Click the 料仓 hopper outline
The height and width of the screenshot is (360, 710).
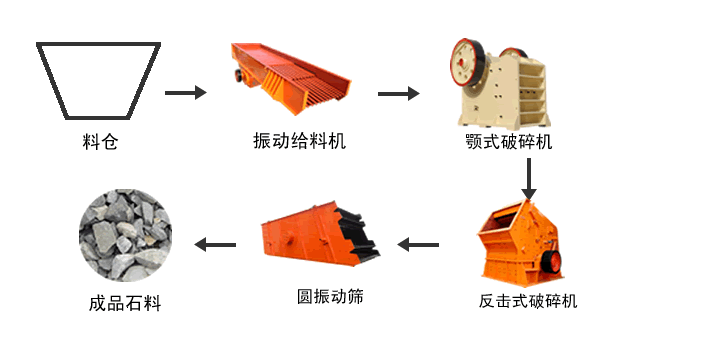click(99, 78)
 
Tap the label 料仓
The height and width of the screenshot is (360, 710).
click(100, 141)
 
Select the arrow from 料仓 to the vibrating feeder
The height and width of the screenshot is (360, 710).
click(185, 93)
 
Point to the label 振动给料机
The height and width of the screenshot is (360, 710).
click(299, 141)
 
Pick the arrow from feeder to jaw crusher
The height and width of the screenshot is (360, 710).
click(398, 94)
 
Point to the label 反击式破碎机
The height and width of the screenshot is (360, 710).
click(528, 300)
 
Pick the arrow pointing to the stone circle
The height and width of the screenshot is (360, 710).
click(215, 244)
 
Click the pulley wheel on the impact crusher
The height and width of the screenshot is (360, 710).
click(553, 262)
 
